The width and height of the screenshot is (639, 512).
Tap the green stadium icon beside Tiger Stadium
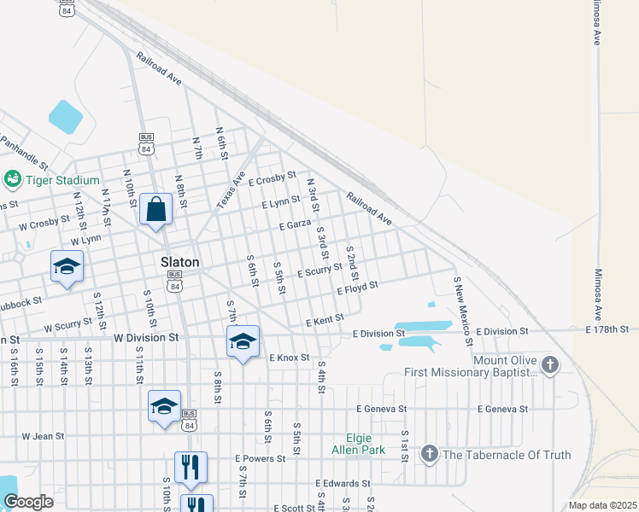point(13,179)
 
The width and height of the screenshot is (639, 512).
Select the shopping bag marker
point(156,209)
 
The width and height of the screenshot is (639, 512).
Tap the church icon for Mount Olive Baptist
point(550,366)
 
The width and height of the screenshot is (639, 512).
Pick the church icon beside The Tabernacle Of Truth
point(430,454)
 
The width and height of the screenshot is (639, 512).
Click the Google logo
point(28,502)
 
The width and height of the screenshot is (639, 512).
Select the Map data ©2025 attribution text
point(601,505)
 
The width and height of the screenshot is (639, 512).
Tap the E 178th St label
point(607,329)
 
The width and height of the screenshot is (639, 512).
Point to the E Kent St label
point(325,322)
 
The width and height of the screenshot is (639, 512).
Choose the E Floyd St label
point(357,288)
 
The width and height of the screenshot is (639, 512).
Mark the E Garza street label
point(295,224)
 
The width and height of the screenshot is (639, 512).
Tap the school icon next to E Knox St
point(243,342)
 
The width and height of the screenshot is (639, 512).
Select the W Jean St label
point(43,436)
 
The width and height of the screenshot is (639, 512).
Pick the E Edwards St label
point(342,484)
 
